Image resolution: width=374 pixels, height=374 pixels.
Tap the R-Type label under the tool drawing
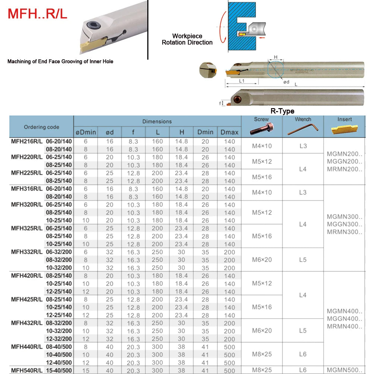282,111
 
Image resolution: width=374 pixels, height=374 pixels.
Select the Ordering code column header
41,127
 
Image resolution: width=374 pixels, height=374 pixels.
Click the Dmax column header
229,132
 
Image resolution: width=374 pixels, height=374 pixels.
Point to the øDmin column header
86,132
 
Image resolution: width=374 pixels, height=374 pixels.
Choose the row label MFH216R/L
27,141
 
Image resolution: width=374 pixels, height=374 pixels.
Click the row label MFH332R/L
27,252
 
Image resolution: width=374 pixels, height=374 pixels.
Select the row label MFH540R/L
27,370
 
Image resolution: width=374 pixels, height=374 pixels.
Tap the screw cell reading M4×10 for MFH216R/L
262,145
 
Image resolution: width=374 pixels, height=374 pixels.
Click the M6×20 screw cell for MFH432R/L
262,330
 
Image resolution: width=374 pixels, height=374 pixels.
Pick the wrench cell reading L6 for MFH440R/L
303,354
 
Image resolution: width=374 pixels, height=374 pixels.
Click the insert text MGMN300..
344,216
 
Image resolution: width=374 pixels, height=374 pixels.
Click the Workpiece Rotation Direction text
187,39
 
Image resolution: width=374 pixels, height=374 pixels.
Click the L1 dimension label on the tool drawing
241,81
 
